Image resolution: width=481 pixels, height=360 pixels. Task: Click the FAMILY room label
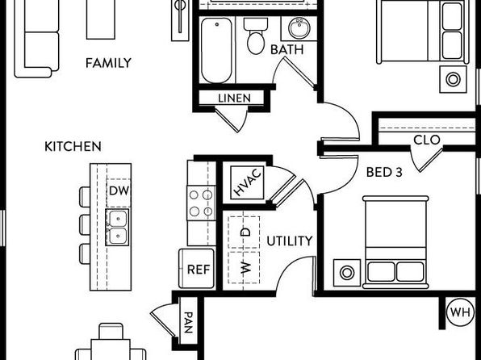coord(108,63)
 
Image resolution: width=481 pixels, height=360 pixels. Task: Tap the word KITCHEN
coord(73,146)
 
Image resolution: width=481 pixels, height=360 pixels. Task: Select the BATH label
coord(287,50)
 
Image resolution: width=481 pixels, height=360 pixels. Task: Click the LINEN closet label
coord(234,98)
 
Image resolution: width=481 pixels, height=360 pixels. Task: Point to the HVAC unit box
coord(247,182)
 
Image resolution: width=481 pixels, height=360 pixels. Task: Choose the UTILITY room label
coord(290,241)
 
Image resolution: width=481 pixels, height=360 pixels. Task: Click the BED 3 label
coord(384,172)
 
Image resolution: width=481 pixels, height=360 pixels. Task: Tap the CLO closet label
coord(427,140)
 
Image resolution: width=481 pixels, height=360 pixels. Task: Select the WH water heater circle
coord(461,312)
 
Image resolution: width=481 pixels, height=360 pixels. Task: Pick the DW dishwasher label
coord(119,190)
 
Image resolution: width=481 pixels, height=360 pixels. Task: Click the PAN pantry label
coord(188,323)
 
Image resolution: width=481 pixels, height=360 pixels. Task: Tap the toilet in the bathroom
coord(256,36)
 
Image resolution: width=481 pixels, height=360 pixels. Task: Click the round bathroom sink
coord(299,28)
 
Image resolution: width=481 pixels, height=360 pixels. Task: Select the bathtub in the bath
coord(216,50)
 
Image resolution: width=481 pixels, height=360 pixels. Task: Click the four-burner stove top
coord(201,203)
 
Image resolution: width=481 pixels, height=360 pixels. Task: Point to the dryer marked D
coord(245,232)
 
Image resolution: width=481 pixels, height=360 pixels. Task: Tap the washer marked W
coord(245,268)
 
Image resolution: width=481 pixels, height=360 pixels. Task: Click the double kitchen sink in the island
coord(117,228)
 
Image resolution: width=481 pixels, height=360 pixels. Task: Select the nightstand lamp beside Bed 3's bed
coord(347,273)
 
